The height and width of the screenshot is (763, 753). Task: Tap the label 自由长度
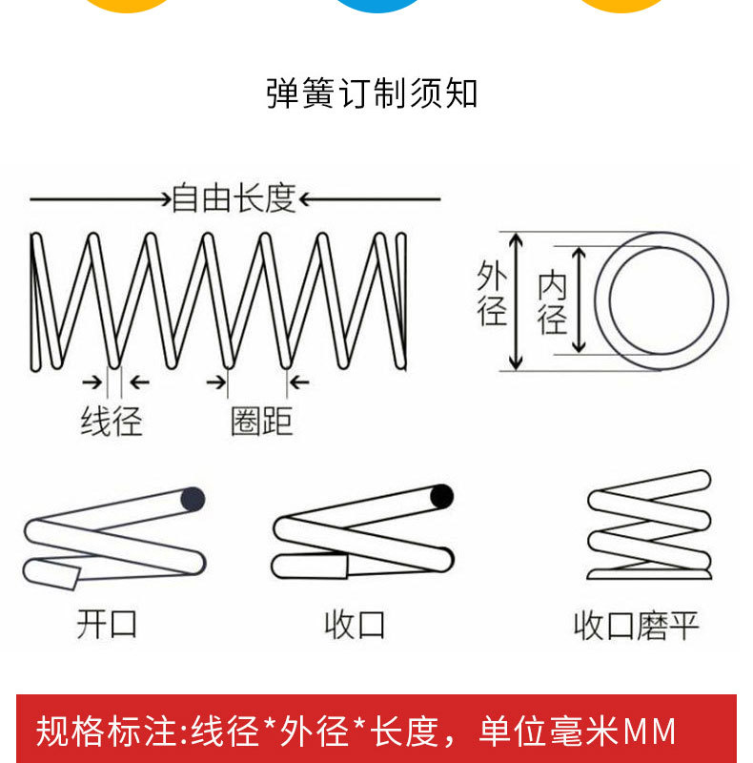click(234, 198)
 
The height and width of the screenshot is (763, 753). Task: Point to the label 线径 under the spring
click(111, 421)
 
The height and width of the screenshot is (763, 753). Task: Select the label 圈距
click(260, 421)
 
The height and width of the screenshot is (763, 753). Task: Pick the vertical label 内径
click(552, 301)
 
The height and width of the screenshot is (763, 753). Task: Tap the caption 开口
click(107, 624)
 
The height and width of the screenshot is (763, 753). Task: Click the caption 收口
click(355, 625)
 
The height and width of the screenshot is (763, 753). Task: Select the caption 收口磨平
click(636, 626)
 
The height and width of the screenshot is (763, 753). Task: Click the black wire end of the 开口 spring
click(193, 498)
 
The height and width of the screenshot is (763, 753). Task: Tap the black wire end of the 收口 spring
click(441, 496)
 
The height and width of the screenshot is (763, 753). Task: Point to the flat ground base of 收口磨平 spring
click(648, 574)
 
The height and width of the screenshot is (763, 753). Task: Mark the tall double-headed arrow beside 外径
click(516, 300)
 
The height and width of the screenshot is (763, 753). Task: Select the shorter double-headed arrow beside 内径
click(580, 300)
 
